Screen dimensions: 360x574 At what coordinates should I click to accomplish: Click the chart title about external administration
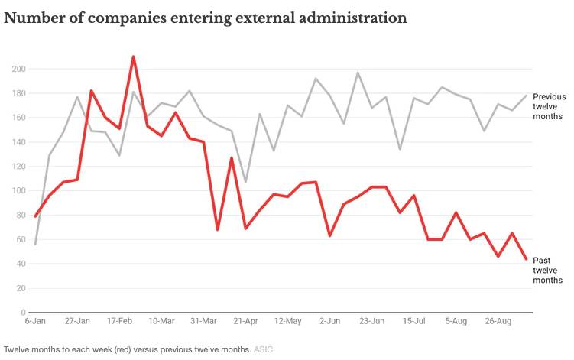[x=205, y=18]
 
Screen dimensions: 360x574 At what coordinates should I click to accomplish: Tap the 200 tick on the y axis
[x=19, y=69]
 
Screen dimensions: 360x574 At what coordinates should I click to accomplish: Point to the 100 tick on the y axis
[x=19, y=191]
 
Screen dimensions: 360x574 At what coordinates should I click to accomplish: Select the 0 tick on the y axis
[x=23, y=313]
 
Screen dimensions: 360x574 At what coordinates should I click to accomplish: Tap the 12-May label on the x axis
[x=287, y=323]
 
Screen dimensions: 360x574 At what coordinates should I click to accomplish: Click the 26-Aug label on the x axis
[x=498, y=323]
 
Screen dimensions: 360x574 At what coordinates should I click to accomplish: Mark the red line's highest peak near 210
[x=133, y=57]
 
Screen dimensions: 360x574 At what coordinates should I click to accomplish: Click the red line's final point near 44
[x=526, y=259]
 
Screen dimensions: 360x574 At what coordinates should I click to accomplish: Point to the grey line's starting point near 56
[x=35, y=244]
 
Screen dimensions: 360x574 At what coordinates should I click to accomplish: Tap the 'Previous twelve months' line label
[x=548, y=107]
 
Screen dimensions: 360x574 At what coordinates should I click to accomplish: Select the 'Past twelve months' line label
[x=547, y=271]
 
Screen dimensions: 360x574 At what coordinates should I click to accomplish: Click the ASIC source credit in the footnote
[x=263, y=349]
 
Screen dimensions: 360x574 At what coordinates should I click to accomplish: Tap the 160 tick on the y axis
[x=19, y=118]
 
